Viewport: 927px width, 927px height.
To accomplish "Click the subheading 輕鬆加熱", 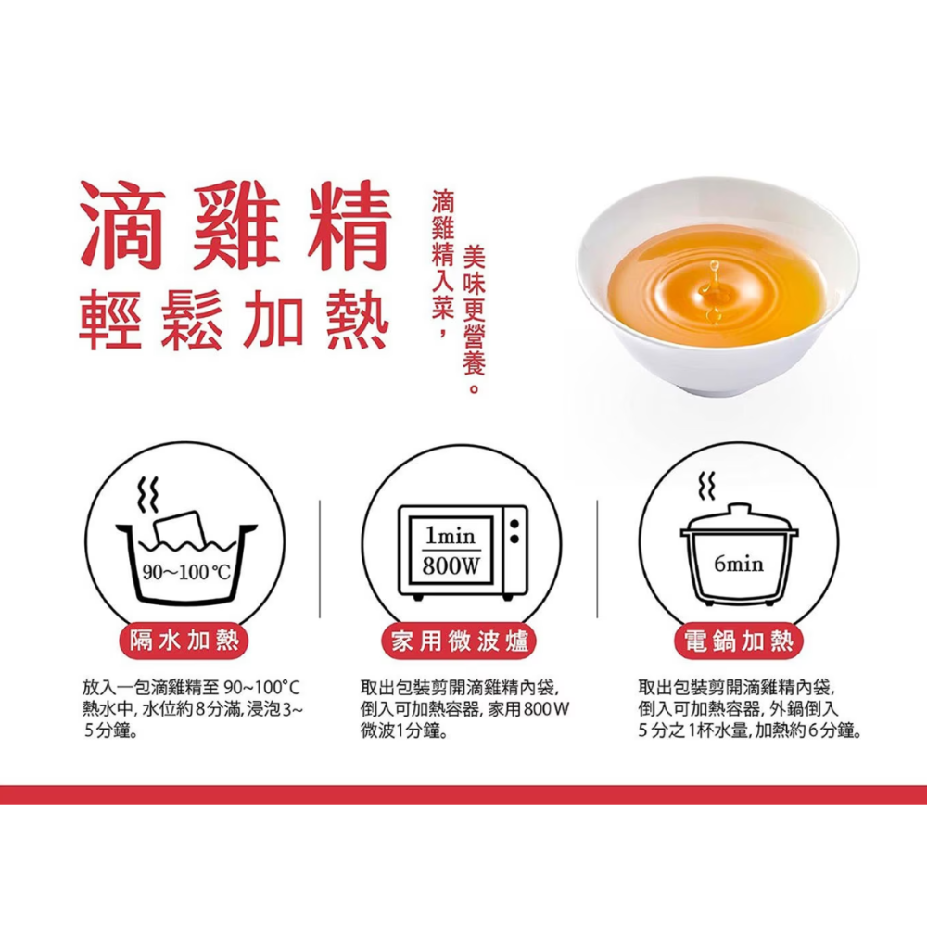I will point(232,320).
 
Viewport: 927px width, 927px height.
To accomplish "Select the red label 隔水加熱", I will point(184,640).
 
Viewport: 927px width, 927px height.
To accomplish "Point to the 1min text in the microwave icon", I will point(451,537).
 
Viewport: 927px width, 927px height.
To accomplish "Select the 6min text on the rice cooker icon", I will point(739,564).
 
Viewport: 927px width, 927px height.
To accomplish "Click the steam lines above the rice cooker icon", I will point(708,484).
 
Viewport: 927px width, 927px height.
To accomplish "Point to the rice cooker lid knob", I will point(739,508).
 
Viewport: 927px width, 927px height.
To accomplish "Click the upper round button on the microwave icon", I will point(513,526).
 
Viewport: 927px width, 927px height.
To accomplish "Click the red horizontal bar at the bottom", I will point(463,794).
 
